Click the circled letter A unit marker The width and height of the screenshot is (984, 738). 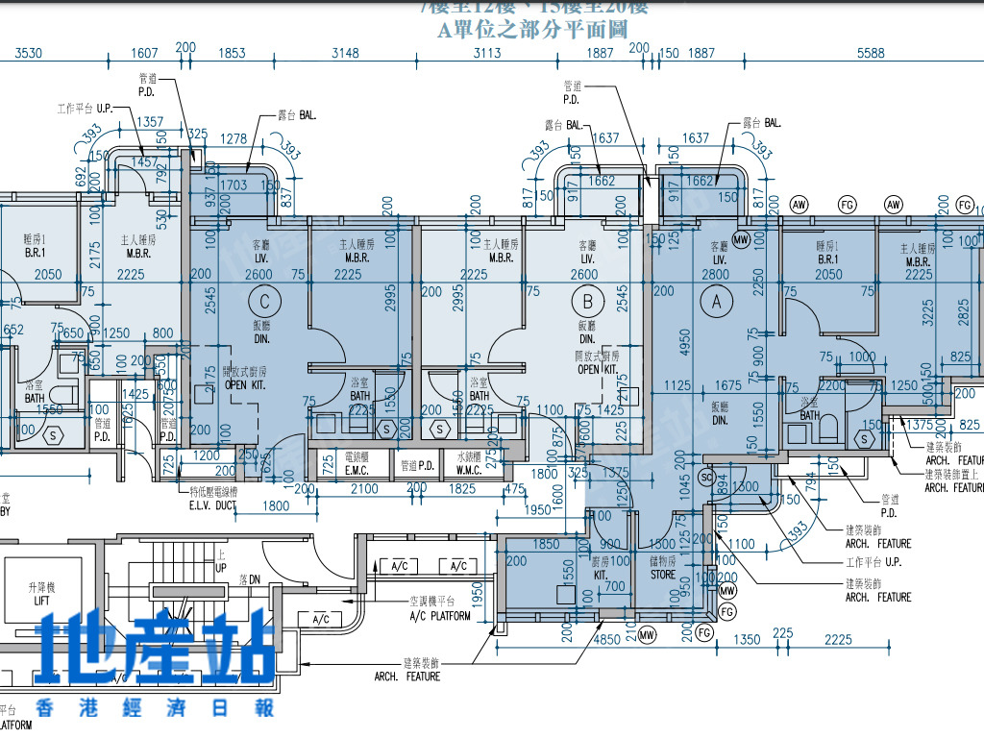point(714,301)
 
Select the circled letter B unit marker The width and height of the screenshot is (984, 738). point(587,301)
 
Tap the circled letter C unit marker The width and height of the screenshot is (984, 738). point(269,301)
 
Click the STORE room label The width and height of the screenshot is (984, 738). point(663,575)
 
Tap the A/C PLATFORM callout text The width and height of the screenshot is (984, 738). point(440,615)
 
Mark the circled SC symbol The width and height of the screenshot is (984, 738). point(706,477)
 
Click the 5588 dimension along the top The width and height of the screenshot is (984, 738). point(870,54)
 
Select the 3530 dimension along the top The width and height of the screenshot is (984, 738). point(29,54)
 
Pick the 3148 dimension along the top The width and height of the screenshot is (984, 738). point(345,54)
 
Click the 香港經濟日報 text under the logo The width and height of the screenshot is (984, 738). point(155,708)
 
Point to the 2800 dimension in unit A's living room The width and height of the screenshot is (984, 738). point(716,275)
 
